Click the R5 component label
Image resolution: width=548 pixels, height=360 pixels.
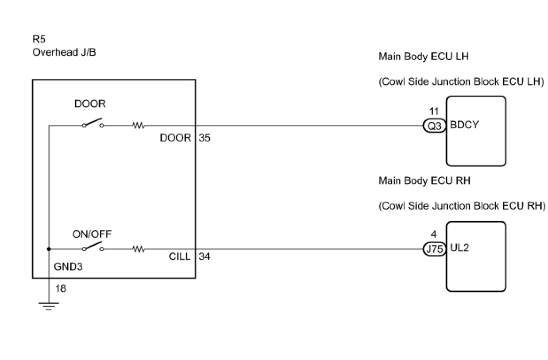click(39, 40)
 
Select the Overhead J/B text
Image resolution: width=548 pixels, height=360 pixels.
click(64, 52)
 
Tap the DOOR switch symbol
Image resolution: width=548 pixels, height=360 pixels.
click(93, 123)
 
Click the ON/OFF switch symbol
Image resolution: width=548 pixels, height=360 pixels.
click(93, 247)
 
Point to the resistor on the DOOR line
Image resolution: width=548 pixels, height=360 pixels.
click(139, 126)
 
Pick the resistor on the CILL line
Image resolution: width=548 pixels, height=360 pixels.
click(139, 249)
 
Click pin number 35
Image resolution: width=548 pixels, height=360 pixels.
click(205, 138)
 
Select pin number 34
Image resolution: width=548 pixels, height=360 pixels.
click(205, 256)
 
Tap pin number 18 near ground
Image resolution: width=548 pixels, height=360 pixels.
click(61, 289)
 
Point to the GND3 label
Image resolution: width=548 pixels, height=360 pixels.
click(68, 267)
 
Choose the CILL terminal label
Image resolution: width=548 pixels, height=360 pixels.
click(180, 256)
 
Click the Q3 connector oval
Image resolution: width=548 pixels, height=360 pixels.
click(434, 126)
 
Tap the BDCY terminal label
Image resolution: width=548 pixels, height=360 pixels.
click(464, 125)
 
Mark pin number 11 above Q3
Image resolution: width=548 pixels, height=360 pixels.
click(434, 112)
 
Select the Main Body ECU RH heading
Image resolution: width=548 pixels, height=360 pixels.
click(424, 180)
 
